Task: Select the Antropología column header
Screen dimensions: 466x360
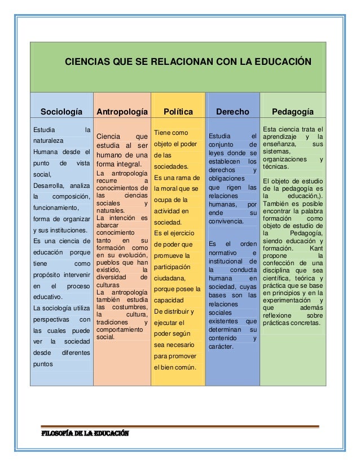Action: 122,112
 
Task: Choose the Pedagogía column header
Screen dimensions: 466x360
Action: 293,112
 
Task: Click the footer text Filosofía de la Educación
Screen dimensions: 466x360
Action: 84,434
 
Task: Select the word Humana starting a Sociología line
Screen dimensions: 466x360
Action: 46,152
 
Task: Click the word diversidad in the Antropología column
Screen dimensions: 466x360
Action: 112,277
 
